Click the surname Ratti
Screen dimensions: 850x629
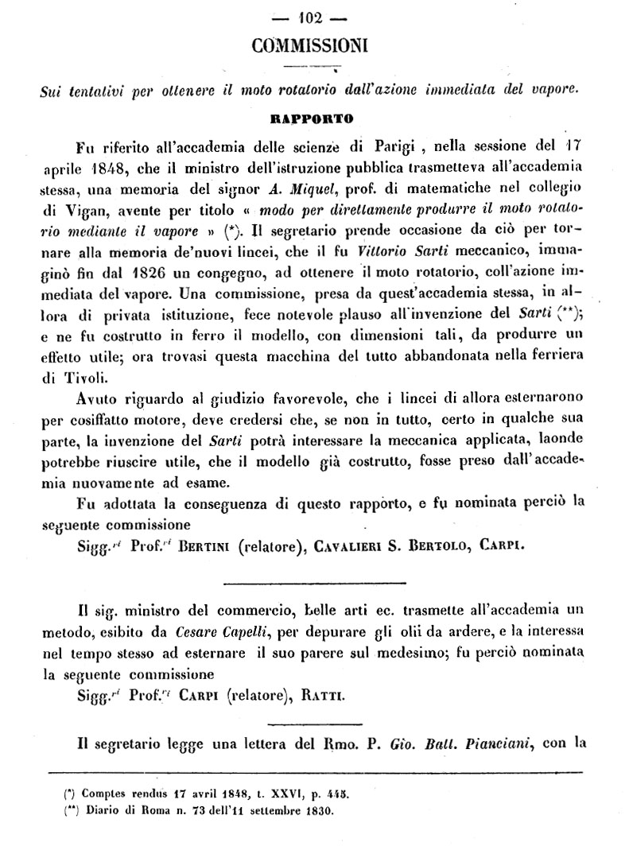pyautogui.click(x=327, y=696)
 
